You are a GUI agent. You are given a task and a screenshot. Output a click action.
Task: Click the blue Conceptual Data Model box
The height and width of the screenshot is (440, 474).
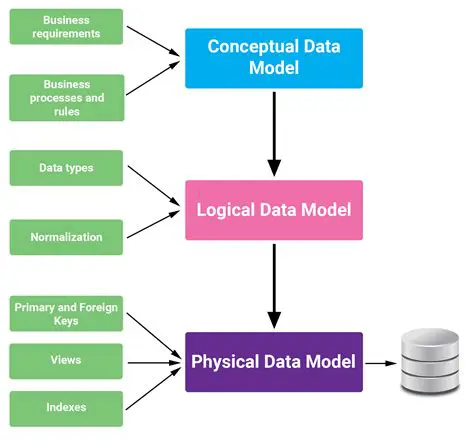(273, 58)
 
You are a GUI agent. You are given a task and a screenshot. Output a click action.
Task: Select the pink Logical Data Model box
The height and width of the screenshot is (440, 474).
(273, 210)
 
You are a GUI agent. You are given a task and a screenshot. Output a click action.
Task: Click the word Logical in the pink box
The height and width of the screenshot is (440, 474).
(232, 210)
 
